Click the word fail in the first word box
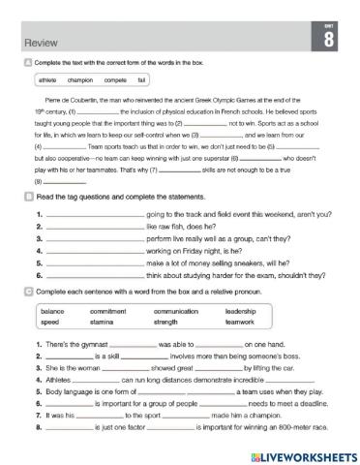click(142, 79)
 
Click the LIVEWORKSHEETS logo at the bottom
click(297, 453)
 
